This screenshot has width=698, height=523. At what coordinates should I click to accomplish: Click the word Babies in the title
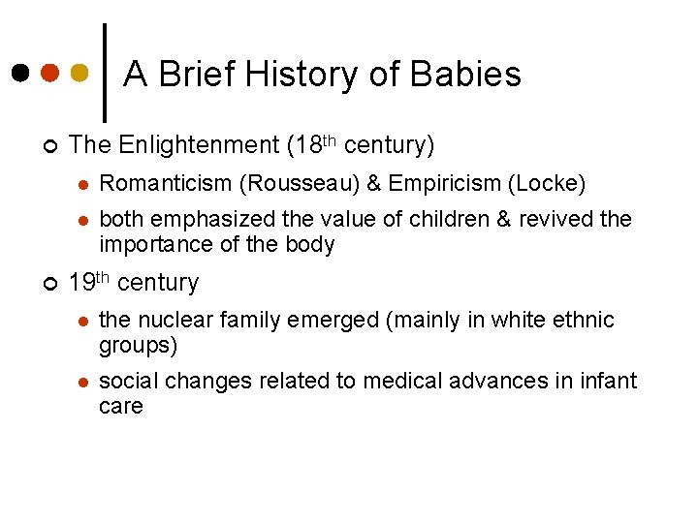click(465, 74)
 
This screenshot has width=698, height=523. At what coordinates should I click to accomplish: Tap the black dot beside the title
click(20, 73)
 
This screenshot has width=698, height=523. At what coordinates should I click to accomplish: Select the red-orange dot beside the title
click(50, 73)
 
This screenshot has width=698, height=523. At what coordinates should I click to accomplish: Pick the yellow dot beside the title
click(80, 73)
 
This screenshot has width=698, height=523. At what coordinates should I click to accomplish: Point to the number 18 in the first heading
click(306, 145)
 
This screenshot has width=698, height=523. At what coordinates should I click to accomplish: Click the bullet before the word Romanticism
click(83, 184)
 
